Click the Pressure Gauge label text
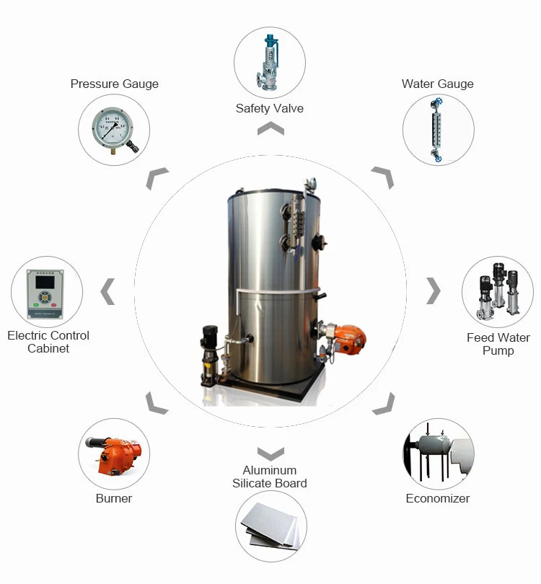pyautogui.click(x=114, y=84)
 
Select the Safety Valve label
pyautogui.click(x=269, y=109)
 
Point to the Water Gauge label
pyautogui.click(x=437, y=84)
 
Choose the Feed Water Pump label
pyautogui.click(x=498, y=344)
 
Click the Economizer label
pyautogui.click(x=437, y=498)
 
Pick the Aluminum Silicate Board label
pyautogui.click(x=270, y=477)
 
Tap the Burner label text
pyautogui.click(x=114, y=498)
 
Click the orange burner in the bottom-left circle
pyautogui.click(x=113, y=454)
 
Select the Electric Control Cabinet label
pyautogui.click(x=48, y=342)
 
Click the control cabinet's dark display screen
pyautogui.click(x=41, y=286)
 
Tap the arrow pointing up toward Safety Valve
pyautogui.click(x=270, y=128)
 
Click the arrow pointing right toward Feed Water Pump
pyautogui.click(x=433, y=291)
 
